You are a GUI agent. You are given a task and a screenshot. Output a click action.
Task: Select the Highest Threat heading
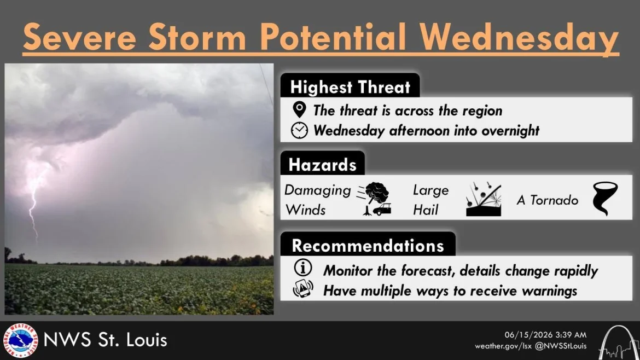pos(350,87)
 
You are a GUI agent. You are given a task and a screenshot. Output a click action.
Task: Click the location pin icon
pos(299,109)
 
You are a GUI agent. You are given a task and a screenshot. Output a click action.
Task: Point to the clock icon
pos(299,130)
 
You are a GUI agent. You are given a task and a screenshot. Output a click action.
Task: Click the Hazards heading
pos(322,165)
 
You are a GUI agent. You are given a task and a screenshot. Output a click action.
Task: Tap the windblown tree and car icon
pos(374,199)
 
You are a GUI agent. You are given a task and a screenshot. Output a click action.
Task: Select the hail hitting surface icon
pos(484,199)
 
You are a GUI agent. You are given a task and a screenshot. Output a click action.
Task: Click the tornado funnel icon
pos(605,199)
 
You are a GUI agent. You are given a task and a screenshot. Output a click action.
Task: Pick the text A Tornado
pos(548,200)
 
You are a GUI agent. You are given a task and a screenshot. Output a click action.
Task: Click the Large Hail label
pos(430,200)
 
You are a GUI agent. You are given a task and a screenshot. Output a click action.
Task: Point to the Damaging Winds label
pos(318,200)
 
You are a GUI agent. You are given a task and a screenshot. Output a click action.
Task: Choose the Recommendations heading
pos(368,246)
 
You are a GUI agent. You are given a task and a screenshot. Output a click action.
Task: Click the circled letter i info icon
pos(303,268)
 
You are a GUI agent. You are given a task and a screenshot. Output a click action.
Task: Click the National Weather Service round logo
pos(20,340)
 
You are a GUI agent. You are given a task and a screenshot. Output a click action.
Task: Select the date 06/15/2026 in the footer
pos(523,335)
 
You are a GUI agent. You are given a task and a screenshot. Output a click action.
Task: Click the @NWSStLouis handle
pos(560,346)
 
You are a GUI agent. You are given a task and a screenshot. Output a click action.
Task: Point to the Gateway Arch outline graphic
pos(618,344)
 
